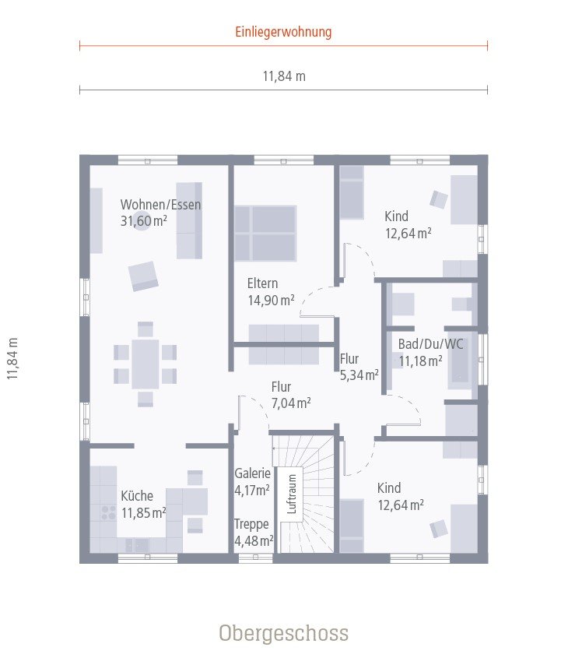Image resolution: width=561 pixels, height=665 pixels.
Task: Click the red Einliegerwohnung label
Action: [x=283, y=32]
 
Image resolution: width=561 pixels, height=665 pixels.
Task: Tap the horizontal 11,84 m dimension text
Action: [x=283, y=76]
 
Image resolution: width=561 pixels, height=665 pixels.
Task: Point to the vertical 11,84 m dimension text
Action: [x=13, y=359]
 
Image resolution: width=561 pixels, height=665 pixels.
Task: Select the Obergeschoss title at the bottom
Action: [x=283, y=632]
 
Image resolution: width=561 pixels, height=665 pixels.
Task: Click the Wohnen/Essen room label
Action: [x=160, y=206]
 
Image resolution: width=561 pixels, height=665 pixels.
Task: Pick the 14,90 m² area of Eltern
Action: [x=271, y=299]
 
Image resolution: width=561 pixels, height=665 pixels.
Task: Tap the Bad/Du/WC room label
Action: [x=420, y=343]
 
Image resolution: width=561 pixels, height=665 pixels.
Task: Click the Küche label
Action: [x=137, y=496]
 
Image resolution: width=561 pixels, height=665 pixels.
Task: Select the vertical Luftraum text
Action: [x=293, y=494]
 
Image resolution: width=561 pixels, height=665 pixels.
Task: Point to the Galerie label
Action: [x=252, y=473]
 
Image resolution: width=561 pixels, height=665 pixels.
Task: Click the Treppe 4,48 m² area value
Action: [x=254, y=541]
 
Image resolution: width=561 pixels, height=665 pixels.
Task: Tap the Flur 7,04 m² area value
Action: [x=291, y=403]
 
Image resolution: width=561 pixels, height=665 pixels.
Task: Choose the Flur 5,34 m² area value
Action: [x=359, y=375]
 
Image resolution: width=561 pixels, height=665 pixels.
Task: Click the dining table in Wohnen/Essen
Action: [x=146, y=364]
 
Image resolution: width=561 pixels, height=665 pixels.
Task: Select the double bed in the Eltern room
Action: [x=265, y=233]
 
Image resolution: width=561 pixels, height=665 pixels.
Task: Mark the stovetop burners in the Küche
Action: [x=104, y=512]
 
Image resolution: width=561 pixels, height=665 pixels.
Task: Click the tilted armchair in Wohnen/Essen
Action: [x=144, y=275]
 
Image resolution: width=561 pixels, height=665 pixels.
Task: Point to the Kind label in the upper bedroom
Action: [x=396, y=216]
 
